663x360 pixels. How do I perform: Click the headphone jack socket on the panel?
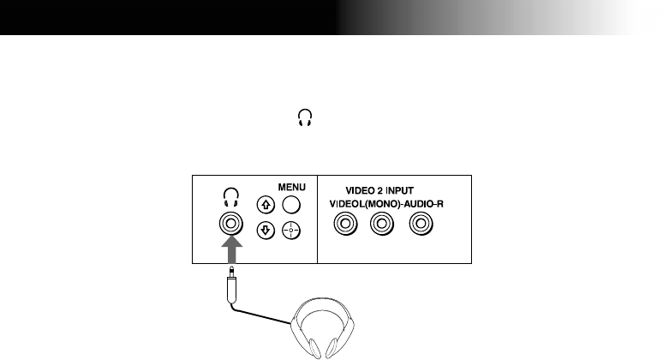point(231,225)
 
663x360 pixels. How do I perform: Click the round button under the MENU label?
point(291,204)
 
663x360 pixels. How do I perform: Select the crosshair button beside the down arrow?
point(291,231)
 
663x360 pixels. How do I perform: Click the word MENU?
point(291,183)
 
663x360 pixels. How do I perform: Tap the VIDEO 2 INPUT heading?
point(383,191)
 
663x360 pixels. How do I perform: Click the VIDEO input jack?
point(344,225)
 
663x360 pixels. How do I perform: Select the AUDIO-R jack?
point(420,225)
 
